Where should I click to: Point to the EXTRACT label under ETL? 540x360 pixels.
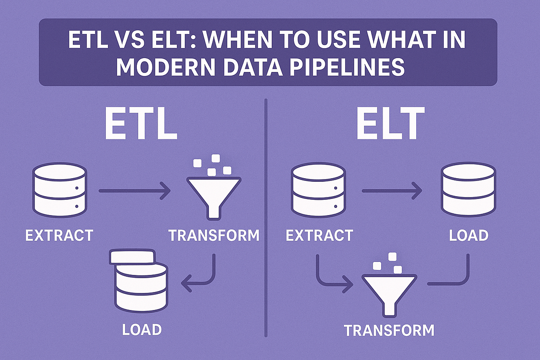pyautogui.click(x=59, y=235)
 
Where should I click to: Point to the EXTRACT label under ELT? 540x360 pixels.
pyautogui.click(x=319, y=235)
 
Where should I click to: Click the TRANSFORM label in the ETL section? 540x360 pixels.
pyautogui.click(x=214, y=235)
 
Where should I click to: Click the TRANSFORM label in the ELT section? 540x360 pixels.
pyautogui.click(x=389, y=330)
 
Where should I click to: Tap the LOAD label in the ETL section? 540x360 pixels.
pyautogui.click(x=141, y=329)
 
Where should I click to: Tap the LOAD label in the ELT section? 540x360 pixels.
pyautogui.click(x=468, y=235)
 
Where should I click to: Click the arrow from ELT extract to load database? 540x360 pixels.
pyautogui.click(x=391, y=192)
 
